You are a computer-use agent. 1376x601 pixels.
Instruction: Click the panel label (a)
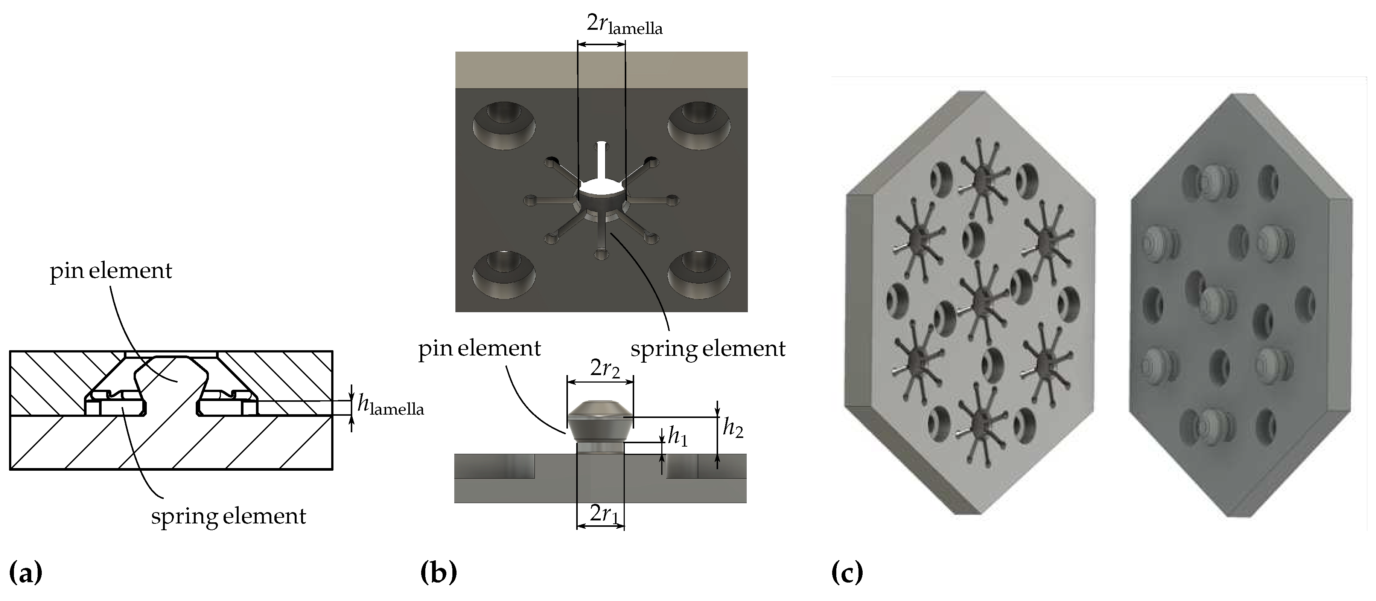26,573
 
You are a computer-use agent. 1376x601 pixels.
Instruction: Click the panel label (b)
438,573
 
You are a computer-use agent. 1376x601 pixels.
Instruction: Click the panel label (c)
847,573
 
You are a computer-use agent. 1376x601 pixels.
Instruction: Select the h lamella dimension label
390,406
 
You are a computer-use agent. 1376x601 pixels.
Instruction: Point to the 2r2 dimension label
605,369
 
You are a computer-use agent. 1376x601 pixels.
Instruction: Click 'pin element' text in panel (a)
111,271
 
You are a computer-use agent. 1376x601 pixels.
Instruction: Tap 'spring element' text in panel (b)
708,349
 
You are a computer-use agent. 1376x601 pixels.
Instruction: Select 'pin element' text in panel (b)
479,349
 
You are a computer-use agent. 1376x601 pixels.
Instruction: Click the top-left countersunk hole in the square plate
504,125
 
